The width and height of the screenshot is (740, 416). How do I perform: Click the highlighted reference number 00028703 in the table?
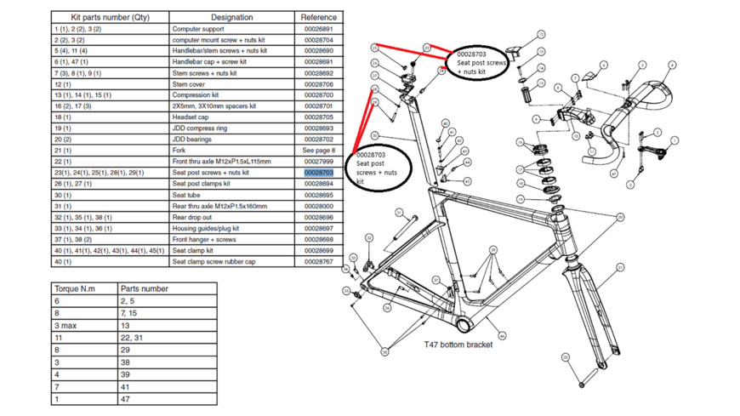pyautogui.click(x=318, y=173)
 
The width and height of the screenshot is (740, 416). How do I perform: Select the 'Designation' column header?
pyautogui.click(x=231, y=17)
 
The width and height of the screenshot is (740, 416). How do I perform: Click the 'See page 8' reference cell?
pyautogui.click(x=318, y=151)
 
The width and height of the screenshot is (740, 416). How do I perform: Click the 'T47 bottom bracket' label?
pyautogui.click(x=458, y=345)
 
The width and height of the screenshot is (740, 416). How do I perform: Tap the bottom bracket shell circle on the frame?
pyautogui.click(x=463, y=326)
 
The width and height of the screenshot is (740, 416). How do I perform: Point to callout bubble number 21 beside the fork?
pyautogui.click(x=621, y=268)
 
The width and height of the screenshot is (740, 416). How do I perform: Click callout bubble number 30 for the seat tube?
pyautogui.click(x=375, y=136)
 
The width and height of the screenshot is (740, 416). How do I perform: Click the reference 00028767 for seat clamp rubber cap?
pyautogui.click(x=318, y=262)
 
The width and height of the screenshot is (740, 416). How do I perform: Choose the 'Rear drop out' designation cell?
pyautogui.click(x=194, y=218)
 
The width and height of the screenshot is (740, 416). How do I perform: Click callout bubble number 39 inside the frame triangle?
pyautogui.click(x=492, y=250)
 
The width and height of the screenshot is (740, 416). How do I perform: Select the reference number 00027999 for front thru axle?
pyautogui.click(x=318, y=162)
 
